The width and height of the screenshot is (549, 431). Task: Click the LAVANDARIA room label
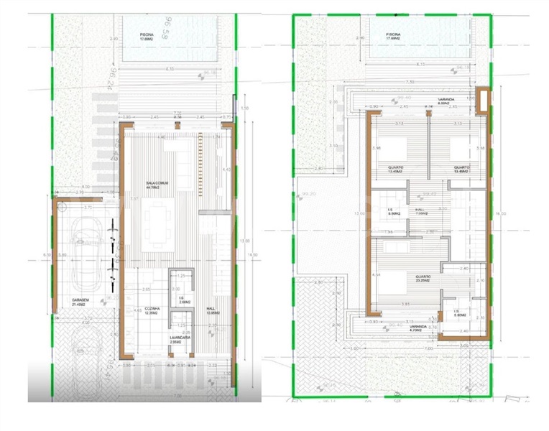coord(180,339)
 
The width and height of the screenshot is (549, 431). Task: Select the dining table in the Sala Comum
coord(162,223)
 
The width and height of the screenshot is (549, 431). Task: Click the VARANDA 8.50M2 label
coord(431,102)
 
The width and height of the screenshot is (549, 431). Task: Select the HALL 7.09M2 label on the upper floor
coord(422,211)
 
